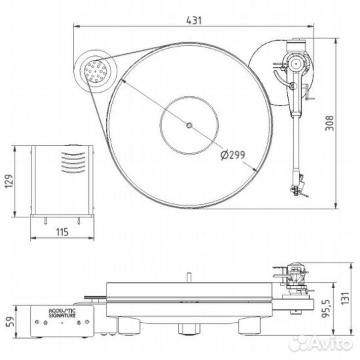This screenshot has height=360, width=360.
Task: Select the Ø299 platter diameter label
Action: tap(231, 155)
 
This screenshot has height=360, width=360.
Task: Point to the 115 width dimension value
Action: tap(62, 233)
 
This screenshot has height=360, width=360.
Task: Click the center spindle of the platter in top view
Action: tap(189, 125)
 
